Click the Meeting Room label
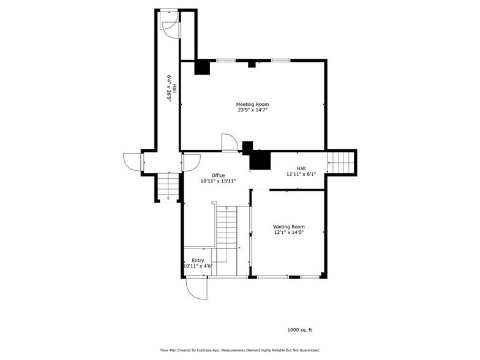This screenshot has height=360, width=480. coord(252,104)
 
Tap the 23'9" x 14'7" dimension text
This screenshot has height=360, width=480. coord(252,110)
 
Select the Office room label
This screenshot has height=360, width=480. coord(218,175)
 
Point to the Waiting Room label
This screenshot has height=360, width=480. coord(288,227)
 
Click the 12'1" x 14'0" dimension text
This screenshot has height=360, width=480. coord(288,233)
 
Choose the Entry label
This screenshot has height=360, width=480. coord(198,260)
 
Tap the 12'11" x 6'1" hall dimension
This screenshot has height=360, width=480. coord(301,174)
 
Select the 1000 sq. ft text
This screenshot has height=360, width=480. coord(300,330)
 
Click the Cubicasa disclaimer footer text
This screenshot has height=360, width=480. coord(240,350)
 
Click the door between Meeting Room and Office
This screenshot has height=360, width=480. coord(229,142)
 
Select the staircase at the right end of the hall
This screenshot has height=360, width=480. coord(342,162)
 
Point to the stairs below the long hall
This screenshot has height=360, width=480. coord(167,187)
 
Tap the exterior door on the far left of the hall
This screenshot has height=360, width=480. coord(132,162)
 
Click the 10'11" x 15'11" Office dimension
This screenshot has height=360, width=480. coord(218,181)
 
